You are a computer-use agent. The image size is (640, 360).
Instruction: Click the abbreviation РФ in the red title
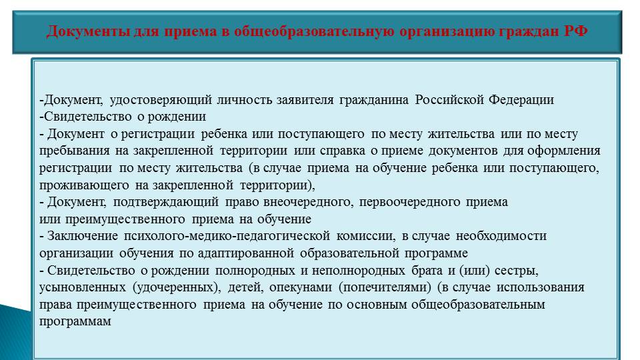pos(576,31)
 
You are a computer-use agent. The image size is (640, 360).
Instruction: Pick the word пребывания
pos(74,151)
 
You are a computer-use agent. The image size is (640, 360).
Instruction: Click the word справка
pos(343,151)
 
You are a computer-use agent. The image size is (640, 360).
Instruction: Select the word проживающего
pos(84,185)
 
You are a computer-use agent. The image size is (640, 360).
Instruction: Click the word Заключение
pos(83,236)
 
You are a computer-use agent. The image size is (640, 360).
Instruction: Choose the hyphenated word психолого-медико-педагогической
pos(227,236)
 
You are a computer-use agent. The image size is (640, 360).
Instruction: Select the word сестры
pos(516,271)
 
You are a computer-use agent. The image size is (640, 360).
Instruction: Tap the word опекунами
pos(301,287)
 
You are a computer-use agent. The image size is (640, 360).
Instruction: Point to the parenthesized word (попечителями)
pos(385,288)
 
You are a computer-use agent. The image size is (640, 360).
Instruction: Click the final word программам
pos(75,321)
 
